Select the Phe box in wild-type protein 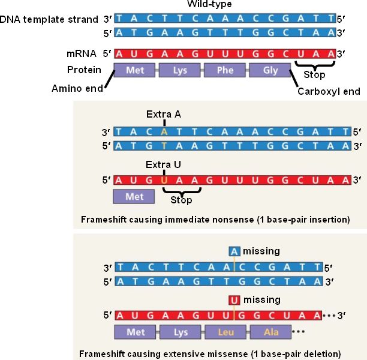pyautogui.click(x=225, y=70)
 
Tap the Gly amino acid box pyautogui.click(x=270, y=70)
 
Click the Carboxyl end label pyautogui.click(x=329, y=92)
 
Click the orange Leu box pyautogui.click(x=225, y=331)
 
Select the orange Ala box pyautogui.click(x=270, y=331)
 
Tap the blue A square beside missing pyautogui.click(x=234, y=252)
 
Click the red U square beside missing pyautogui.click(x=234, y=301)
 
